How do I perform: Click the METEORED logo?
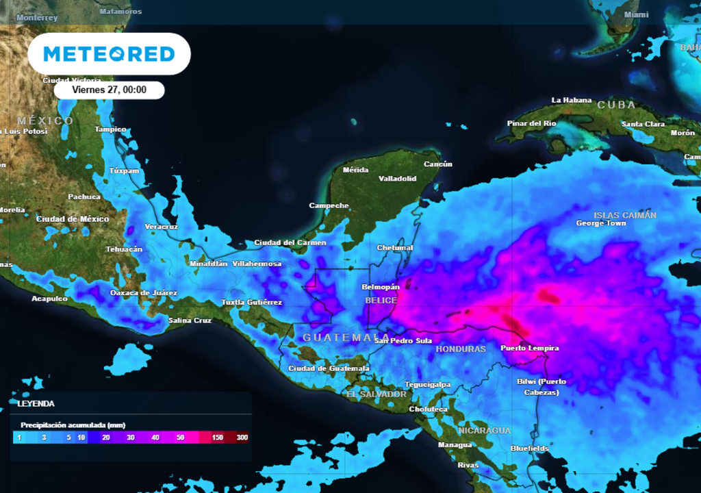click(110, 54)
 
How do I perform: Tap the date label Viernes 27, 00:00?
click(110, 90)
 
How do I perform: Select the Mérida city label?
click(355, 170)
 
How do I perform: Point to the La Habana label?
click(571, 101)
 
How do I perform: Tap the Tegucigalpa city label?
click(427, 384)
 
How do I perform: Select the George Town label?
click(601, 223)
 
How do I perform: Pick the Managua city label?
click(455, 445)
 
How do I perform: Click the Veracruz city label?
click(161, 227)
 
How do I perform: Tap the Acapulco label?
click(50, 299)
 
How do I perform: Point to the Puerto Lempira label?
click(530, 349)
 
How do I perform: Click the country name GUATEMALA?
click(337, 338)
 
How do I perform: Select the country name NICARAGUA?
click(484, 431)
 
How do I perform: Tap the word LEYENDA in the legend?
click(36, 404)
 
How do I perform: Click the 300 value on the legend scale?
click(242, 438)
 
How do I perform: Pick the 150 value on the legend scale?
click(218, 438)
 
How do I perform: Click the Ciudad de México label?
click(73, 219)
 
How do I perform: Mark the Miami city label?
click(636, 14)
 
